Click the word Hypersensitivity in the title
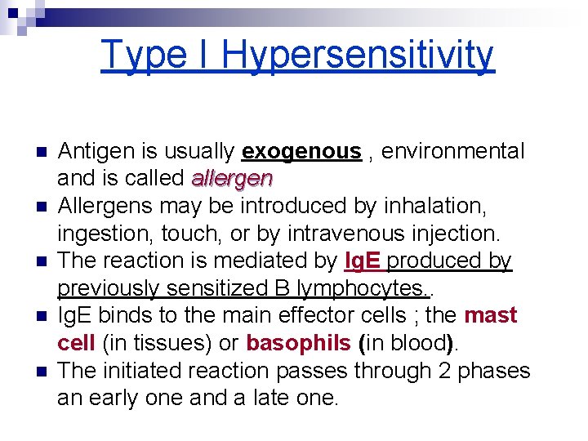[357, 56]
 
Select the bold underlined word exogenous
[301, 151]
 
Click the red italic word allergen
[232, 178]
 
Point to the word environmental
[453, 151]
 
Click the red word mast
[491, 315]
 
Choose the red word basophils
[297, 343]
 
